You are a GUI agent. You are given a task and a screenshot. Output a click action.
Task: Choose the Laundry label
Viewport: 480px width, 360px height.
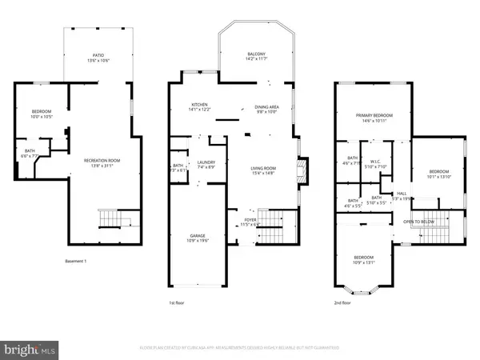[x=206, y=165]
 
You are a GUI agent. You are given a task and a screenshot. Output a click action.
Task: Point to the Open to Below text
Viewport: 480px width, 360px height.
[x=418, y=222]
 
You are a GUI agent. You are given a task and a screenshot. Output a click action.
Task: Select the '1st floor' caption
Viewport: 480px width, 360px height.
[x=178, y=303]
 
